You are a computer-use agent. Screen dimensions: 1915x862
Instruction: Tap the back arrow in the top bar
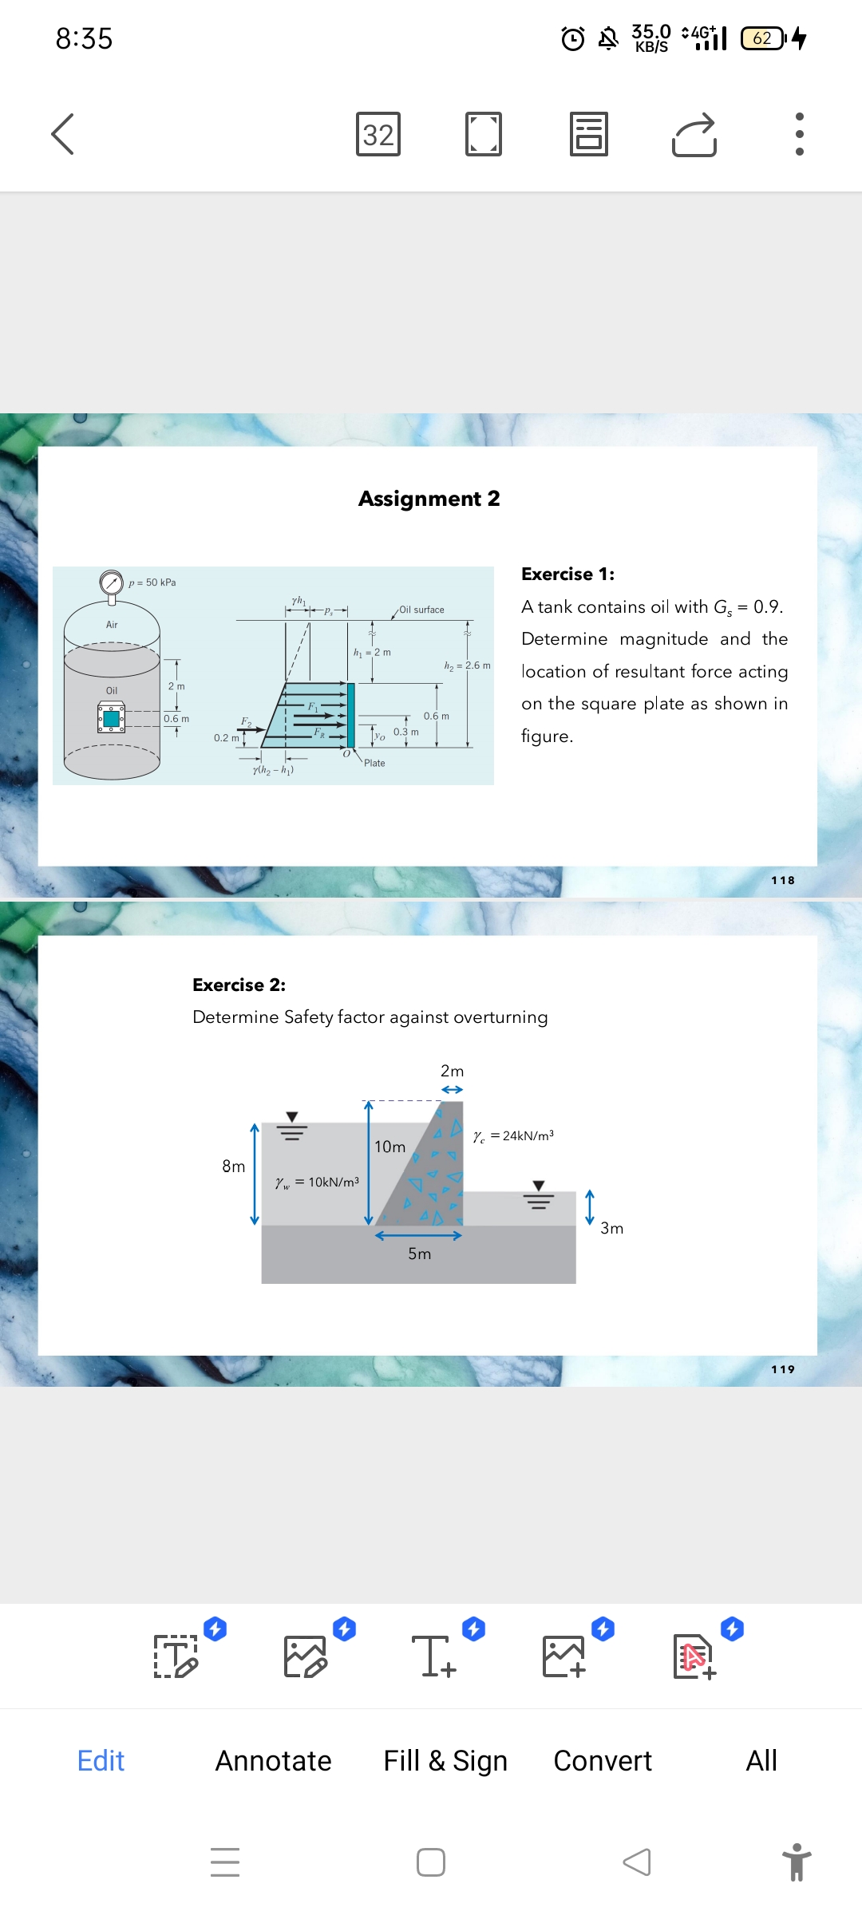(62, 133)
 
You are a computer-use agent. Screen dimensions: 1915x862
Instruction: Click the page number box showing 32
(378, 134)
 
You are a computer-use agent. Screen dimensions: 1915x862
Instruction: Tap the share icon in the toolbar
(694, 134)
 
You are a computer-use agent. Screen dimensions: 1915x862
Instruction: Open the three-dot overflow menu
(799, 134)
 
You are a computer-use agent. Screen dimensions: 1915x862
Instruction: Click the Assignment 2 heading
(429, 499)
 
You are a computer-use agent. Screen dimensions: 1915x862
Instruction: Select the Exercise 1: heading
(567, 574)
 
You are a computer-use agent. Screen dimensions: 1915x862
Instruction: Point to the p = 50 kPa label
(152, 582)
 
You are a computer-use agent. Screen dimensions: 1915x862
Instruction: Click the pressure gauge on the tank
(111, 582)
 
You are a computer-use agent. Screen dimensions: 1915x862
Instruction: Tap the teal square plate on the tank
(112, 718)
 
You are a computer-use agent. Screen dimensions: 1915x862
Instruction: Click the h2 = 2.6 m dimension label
(467, 665)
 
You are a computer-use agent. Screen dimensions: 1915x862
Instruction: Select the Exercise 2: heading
(239, 985)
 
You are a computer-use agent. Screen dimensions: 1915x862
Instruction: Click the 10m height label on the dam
(389, 1147)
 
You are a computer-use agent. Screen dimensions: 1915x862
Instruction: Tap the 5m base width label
(419, 1254)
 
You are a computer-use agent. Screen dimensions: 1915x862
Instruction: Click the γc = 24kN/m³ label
(513, 1136)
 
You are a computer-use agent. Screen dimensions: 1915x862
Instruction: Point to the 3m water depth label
(611, 1228)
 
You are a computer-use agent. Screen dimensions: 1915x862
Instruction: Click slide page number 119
(782, 1369)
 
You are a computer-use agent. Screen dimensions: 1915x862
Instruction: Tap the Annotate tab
(273, 1760)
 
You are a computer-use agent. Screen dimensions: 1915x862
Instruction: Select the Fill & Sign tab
(445, 1760)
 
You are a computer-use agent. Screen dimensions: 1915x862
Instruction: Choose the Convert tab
(603, 1760)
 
